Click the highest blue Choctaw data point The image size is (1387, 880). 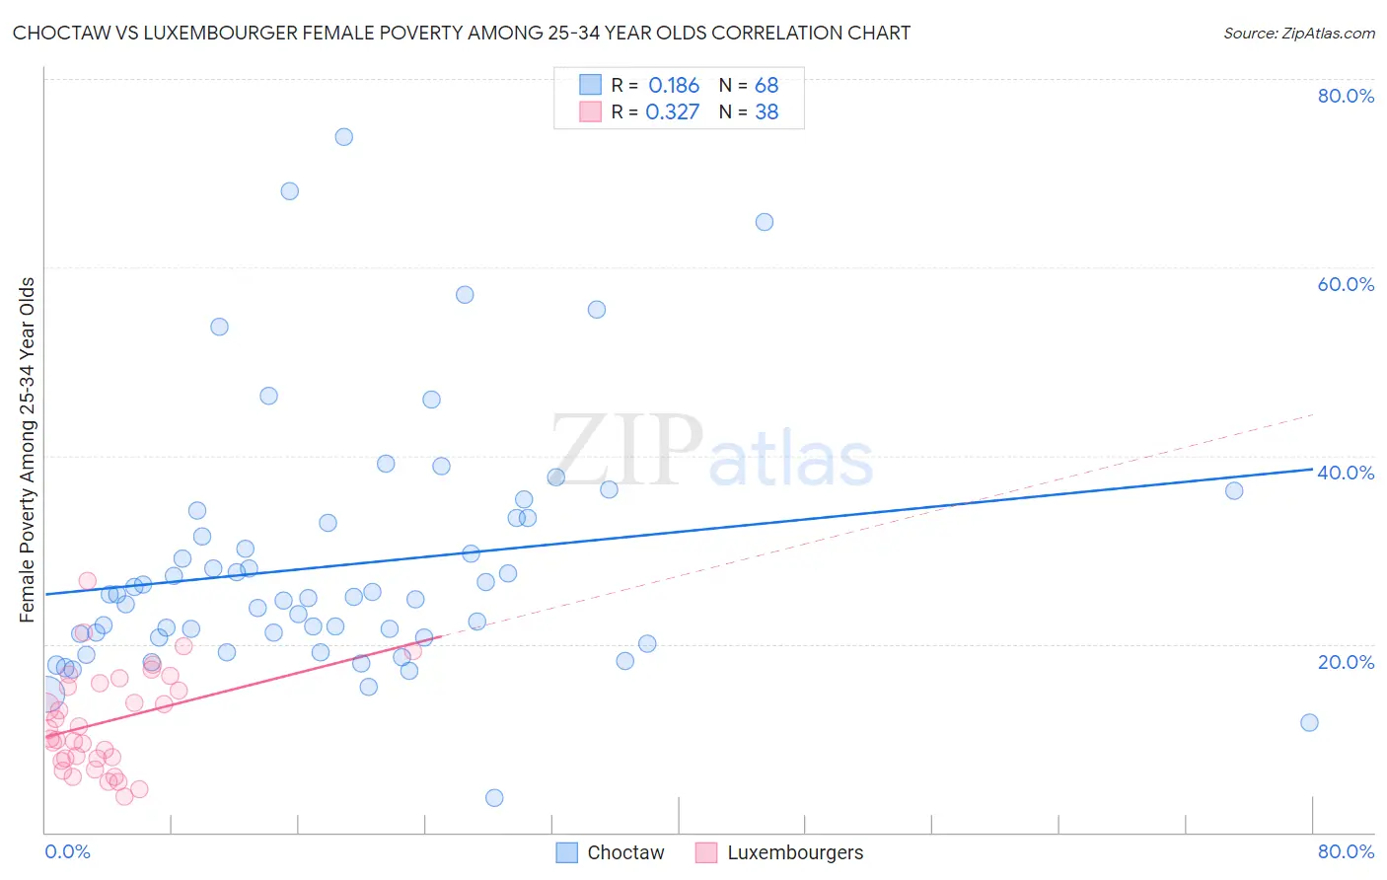point(343,137)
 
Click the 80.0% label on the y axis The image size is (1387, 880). point(1346,96)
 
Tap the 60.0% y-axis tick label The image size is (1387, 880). point(1346,284)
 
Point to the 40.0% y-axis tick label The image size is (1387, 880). point(1346,473)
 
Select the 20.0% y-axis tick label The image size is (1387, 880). point(1346,662)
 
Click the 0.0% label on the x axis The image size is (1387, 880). point(67,851)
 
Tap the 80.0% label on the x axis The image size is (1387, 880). point(1346,851)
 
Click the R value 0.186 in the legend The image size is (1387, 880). point(674,86)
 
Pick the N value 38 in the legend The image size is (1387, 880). point(766,112)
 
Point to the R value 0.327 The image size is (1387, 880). point(673,112)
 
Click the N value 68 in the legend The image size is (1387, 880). point(766,86)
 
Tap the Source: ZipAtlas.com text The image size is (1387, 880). point(1299,33)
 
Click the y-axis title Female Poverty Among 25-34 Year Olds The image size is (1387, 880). point(28,450)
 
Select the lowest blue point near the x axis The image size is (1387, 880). point(494,797)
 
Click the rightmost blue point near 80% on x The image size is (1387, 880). point(1309,722)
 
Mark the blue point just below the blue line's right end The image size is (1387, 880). point(1234,490)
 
